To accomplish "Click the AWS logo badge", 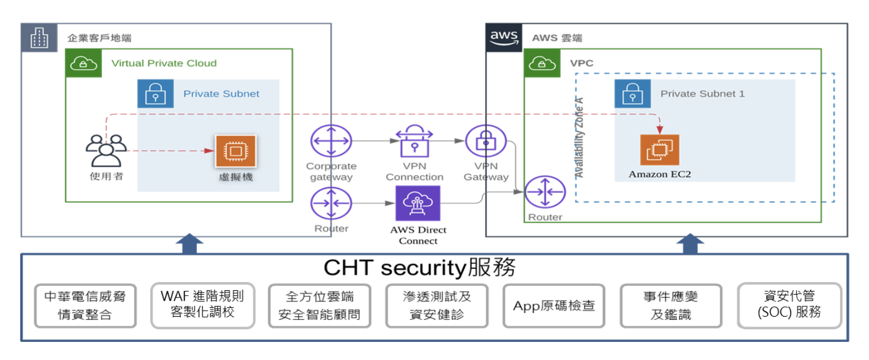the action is pos(504,38).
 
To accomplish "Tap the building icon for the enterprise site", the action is pos(39,38).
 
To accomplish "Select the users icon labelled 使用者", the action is pos(106,150).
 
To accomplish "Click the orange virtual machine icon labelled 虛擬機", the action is pos(235,151).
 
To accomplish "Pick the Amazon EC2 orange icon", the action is pos(659,150).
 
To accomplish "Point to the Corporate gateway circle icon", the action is pos(331,141).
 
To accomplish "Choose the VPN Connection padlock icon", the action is pos(414,140).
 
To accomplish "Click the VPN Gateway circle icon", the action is pos(486,141).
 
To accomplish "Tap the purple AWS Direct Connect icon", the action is pos(418,203).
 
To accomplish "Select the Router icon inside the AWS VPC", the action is pos(545,192).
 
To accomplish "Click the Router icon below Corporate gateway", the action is pos(331,203).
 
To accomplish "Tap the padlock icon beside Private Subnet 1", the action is pos(633,93).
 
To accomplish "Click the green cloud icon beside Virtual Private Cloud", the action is pos(83,63).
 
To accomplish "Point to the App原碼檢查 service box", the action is pos(554,306).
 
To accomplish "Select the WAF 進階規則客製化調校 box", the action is pos(202,305).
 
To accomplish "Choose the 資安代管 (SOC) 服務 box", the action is pos(789,305).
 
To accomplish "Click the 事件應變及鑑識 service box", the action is pos(671,306).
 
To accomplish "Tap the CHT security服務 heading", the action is pos(419,268).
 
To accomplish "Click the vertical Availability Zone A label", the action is pos(579,138).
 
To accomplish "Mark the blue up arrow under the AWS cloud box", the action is pos(690,243).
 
